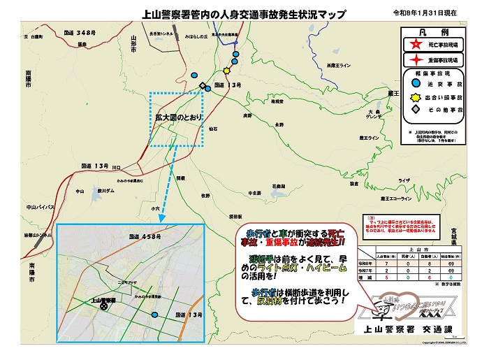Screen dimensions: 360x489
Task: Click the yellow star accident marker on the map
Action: coord(226,71)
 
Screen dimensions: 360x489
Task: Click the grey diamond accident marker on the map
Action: coord(203,86)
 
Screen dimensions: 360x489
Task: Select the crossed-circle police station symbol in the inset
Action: coord(104,305)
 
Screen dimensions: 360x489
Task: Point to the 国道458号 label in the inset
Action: coord(144,238)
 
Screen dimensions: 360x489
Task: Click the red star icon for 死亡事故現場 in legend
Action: coord(417,43)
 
